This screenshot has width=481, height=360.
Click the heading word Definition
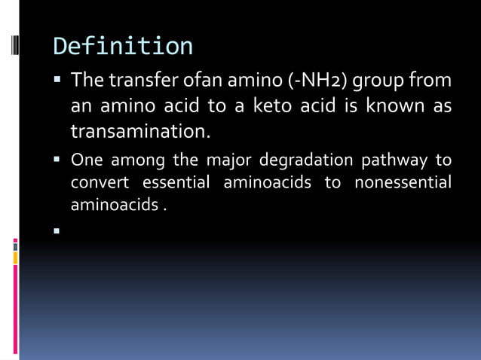[123, 46]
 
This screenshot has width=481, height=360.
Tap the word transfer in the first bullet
[144, 79]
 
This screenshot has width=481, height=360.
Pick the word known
[395, 105]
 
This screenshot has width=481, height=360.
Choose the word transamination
[140, 131]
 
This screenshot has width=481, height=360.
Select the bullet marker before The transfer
[57, 78]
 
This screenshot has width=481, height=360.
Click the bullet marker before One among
[57, 159]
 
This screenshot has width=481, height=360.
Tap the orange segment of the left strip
[15, 258]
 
